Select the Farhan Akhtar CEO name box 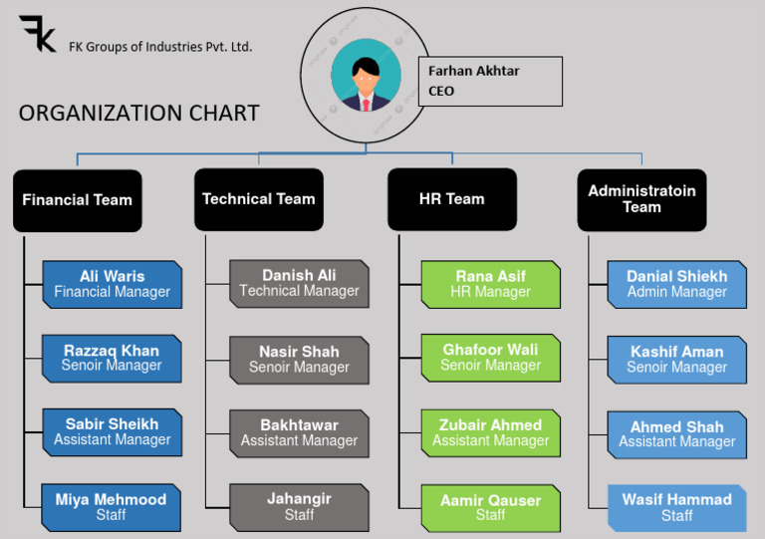pyautogui.click(x=489, y=81)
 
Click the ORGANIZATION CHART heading pyautogui.click(x=138, y=114)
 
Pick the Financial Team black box pyautogui.click(x=77, y=199)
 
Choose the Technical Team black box pyautogui.click(x=258, y=199)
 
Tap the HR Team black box pyautogui.click(x=451, y=199)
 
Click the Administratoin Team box pyautogui.click(x=641, y=199)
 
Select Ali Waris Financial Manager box pyautogui.click(x=112, y=284)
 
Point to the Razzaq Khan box pyautogui.click(x=112, y=358)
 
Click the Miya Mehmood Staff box pyautogui.click(x=112, y=507)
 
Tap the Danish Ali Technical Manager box pyautogui.click(x=299, y=284)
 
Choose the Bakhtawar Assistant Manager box pyautogui.click(x=299, y=432)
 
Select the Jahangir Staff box pyautogui.click(x=299, y=507)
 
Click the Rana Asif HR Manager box pyautogui.click(x=490, y=284)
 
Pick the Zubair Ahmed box pyautogui.click(x=490, y=432)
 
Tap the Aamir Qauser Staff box pyautogui.click(x=490, y=507)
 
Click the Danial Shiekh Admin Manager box pyautogui.click(x=676, y=284)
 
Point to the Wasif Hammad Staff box pyautogui.click(x=676, y=507)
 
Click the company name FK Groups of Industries pyautogui.click(x=160, y=46)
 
